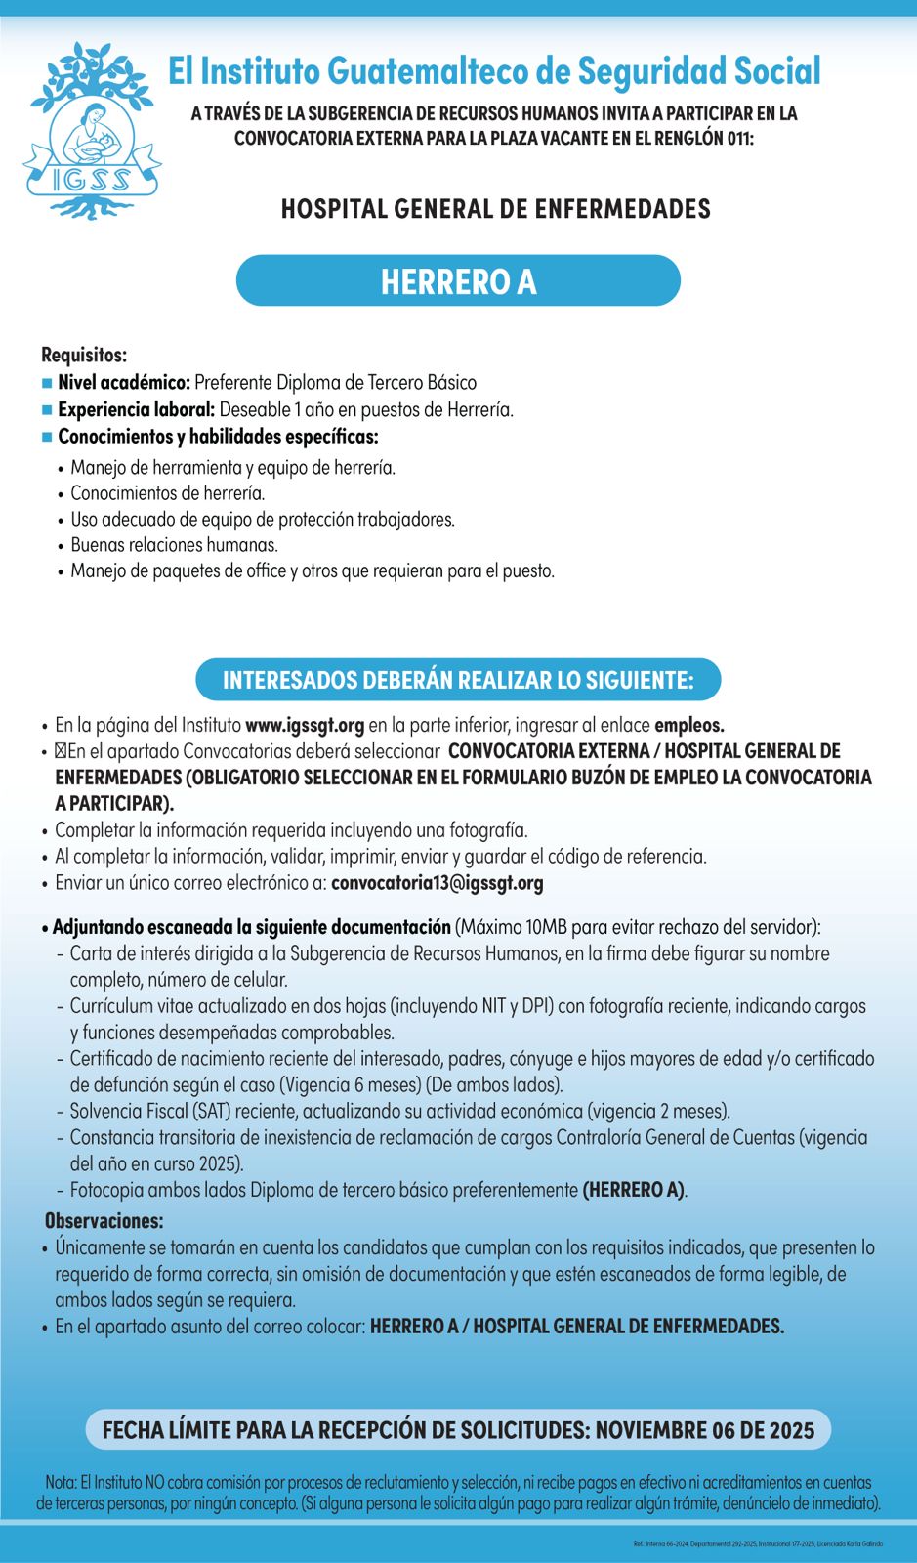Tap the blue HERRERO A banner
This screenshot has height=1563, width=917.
pyautogui.click(x=458, y=281)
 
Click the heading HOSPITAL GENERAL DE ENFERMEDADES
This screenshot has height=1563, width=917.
pyautogui.click(x=495, y=209)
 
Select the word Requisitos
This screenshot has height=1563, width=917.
pyautogui.click(x=84, y=355)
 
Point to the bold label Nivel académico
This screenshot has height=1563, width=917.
pyautogui.click(x=124, y=382)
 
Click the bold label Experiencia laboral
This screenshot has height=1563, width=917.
pyautogui.click(x=136, y=409)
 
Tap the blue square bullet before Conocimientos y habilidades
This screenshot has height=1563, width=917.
pyautogui.click(x=47, y=437)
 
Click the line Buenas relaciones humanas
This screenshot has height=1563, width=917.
pyautogui.click(x=174, y=545)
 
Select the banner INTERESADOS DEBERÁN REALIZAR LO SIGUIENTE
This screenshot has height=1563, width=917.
pyautogui.click(x=458, y=680)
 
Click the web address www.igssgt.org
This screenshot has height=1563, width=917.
pyautogui.click(x=305, y=725)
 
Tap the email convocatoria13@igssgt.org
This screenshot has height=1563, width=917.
pyautogui.click(x=437, y=883)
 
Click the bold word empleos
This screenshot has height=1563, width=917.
pyautogui.click(x=688, y=725)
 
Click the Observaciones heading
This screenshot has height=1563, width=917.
pyautogui.click(x=104, y=1221)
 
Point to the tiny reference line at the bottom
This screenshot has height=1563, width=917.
pyautogui.click(x=758, y=1543)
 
